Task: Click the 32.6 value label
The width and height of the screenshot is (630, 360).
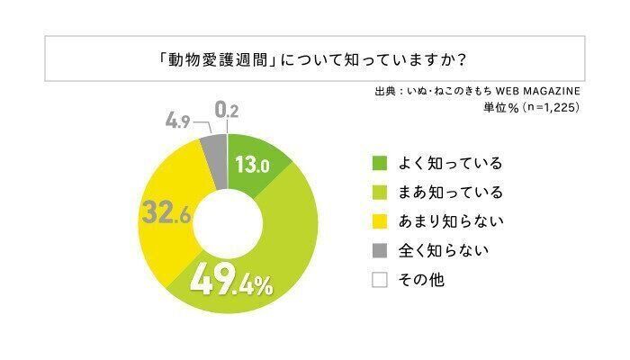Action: click(166, 215)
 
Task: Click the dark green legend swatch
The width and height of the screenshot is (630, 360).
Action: click(379, 164)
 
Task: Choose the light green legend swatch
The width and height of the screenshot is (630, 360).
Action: click(379, 193)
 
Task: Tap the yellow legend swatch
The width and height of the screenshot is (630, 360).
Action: click(379, 221)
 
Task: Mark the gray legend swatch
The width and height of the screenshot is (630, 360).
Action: click(379, 250)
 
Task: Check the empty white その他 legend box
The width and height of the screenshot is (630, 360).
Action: click(379, 280)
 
